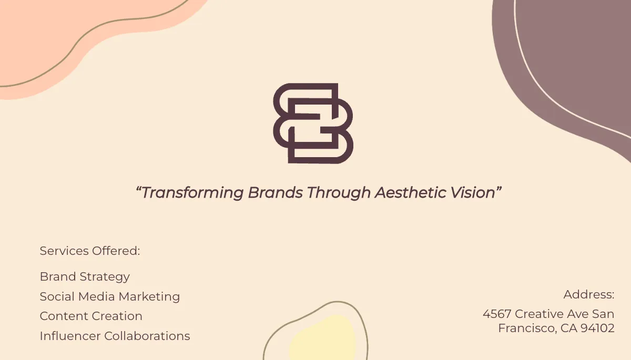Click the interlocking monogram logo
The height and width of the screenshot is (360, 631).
click(313, 123)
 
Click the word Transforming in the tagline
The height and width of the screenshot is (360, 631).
click(192, 193)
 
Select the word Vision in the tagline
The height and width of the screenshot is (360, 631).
click(473, 193)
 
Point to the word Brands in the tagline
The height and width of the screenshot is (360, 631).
click(275, 193)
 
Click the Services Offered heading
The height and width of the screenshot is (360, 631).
click(90, 251)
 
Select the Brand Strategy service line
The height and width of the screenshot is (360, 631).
click(85, 276)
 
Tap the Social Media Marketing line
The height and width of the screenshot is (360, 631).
click(110, 296)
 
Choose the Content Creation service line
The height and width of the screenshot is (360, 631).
click(91, 316)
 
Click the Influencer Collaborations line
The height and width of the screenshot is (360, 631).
click(115, 336)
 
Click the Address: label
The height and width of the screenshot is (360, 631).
click(589, 294)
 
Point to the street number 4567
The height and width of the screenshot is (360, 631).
click(497, 314)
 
